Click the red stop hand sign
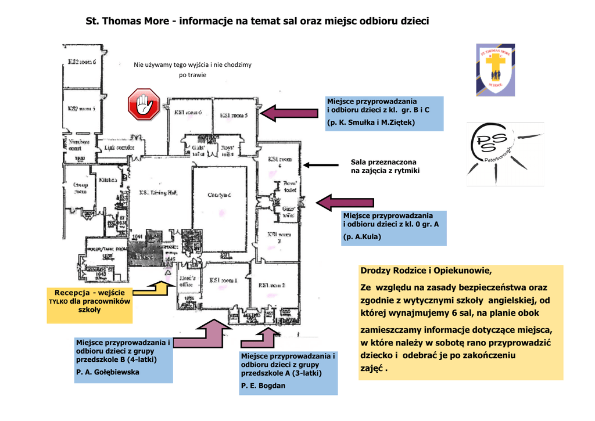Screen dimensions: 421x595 (144, 105)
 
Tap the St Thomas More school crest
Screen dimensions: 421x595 (495, 69)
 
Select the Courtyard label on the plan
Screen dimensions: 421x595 (220, 195)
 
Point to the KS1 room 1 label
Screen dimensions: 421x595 (223, 280)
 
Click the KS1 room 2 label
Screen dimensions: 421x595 (272, 285)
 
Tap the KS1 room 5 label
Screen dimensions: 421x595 (234, 115)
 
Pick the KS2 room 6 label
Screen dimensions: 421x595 (81, 62)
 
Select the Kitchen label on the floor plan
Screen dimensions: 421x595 (108, 180)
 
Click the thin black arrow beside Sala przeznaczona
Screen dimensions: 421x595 (320, 165)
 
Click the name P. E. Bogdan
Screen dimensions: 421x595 (263, 385)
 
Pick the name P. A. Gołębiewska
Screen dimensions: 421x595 (107, 372)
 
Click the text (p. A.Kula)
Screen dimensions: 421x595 (362, 236)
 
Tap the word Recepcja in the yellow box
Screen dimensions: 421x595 (73, 292)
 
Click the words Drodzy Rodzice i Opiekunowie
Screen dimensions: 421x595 (425, 271)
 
